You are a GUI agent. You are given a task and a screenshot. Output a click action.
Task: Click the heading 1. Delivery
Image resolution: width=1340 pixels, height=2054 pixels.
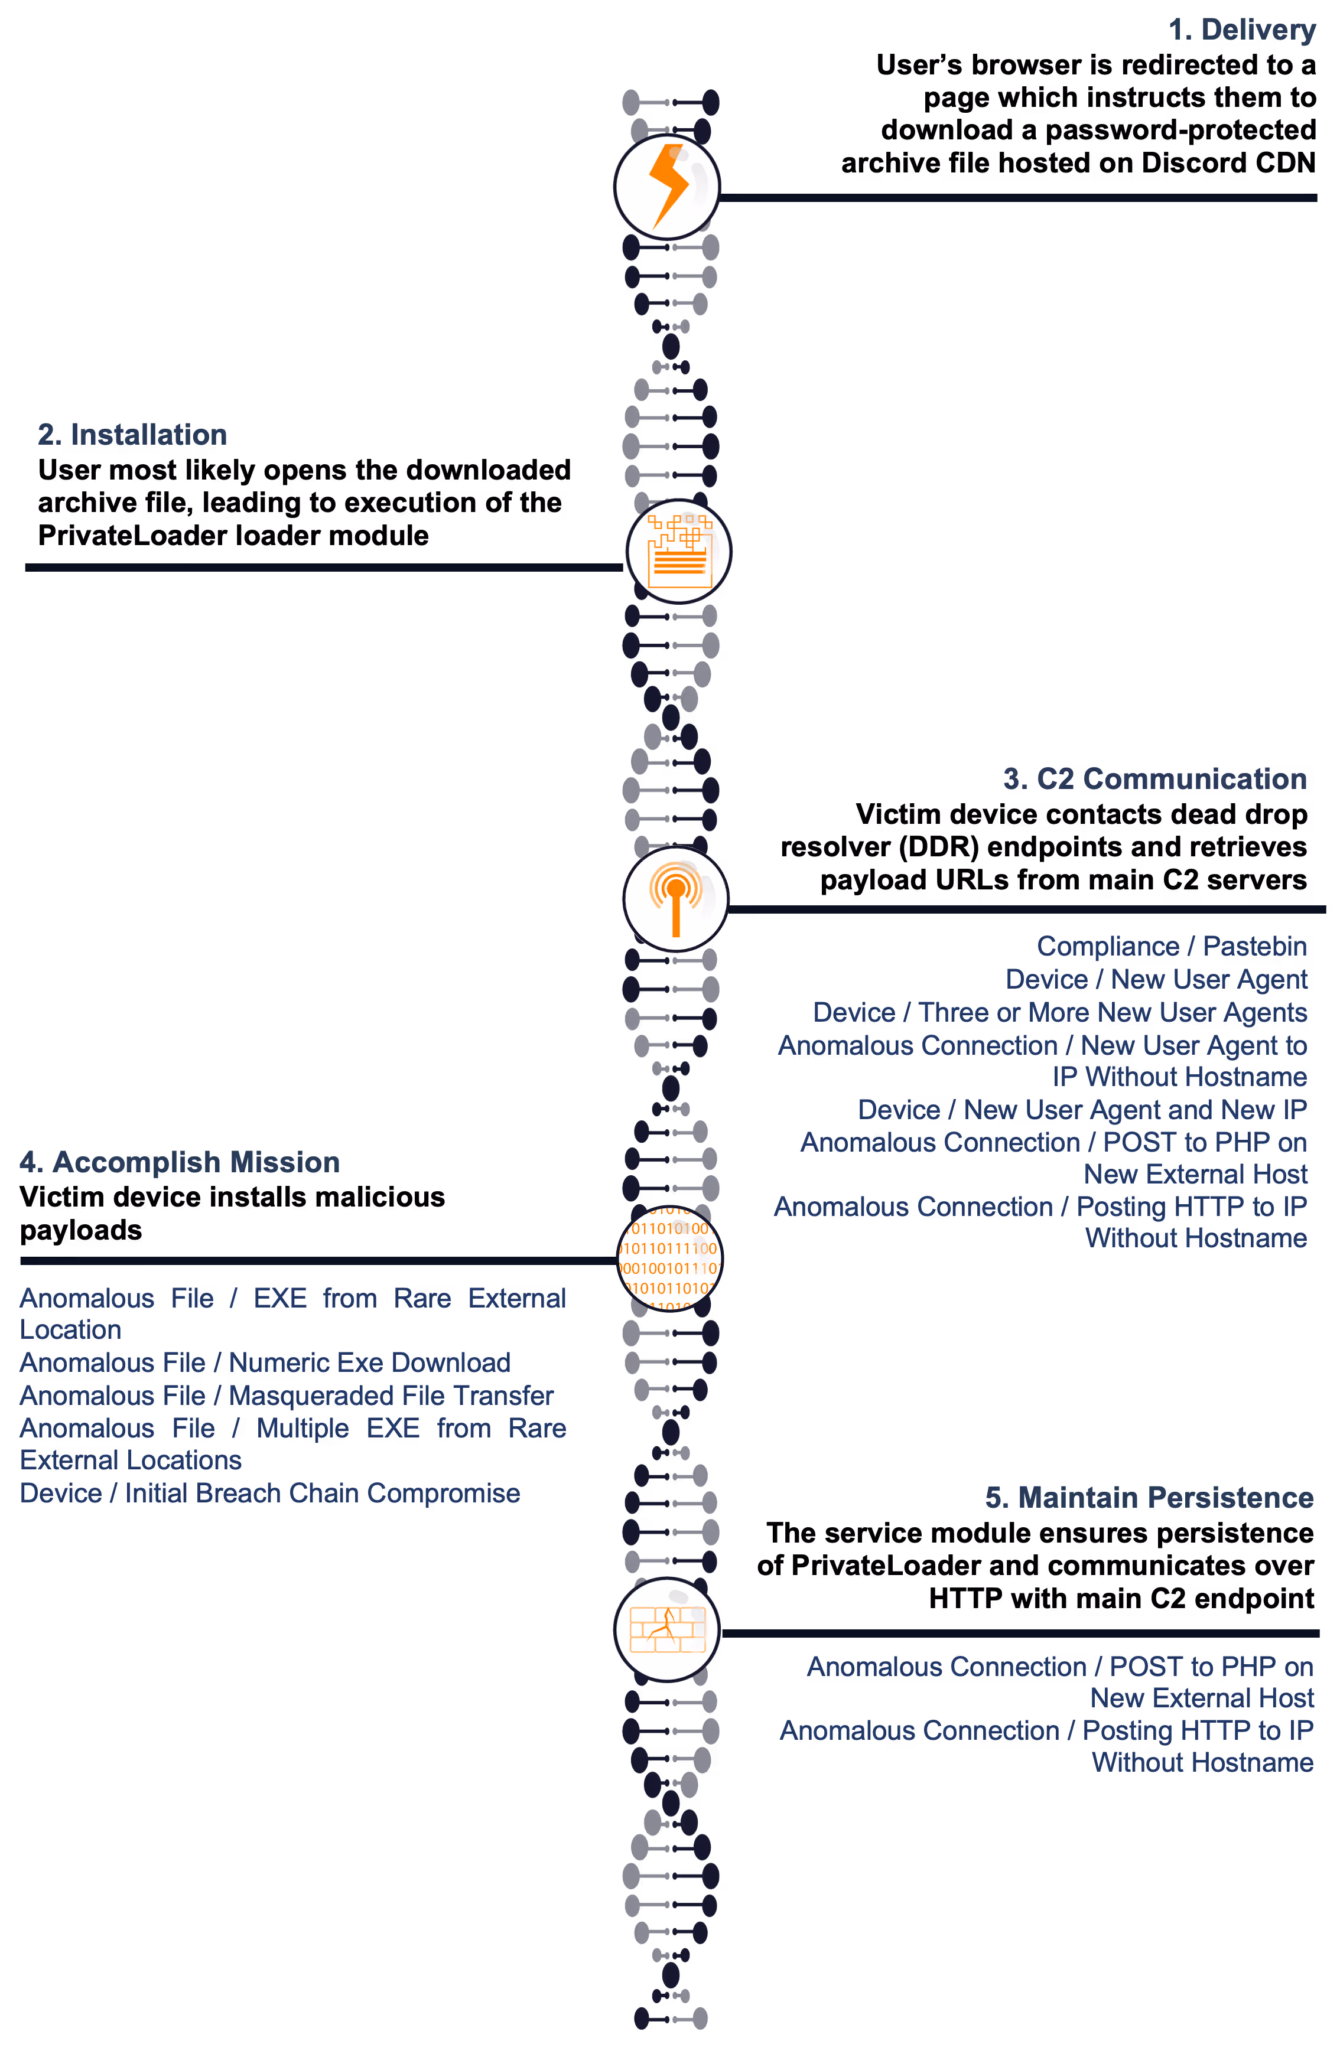point(1241,30)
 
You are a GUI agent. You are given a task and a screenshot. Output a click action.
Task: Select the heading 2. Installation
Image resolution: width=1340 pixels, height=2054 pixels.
point(132,435)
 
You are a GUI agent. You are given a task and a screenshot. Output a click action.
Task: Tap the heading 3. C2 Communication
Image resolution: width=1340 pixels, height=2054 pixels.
point(1154,780)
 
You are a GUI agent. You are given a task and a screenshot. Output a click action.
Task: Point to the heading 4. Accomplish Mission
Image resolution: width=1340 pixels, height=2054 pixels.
point(180,1162)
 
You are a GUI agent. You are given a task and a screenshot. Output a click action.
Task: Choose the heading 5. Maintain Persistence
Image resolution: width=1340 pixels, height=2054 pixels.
point(1149,1498)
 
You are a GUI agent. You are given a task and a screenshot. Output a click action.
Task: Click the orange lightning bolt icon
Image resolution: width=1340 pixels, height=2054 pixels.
point(668,185)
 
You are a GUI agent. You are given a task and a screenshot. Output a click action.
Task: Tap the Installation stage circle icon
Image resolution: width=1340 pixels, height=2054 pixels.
point(679,552)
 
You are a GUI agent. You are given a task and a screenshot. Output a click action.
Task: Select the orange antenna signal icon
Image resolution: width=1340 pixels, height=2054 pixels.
point(675,899)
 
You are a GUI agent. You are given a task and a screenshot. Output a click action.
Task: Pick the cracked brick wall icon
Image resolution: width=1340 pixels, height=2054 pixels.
point(668,1629)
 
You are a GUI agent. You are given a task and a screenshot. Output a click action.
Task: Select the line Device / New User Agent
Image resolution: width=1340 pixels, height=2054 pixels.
point(1156,980)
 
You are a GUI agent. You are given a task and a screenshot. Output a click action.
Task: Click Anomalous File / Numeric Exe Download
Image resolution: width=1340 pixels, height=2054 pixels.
point(265,1362)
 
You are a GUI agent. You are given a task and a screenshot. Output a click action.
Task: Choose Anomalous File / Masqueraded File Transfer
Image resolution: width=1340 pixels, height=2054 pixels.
point(287,1396)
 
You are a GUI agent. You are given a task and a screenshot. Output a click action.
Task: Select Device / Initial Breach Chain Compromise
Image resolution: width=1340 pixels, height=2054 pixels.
point(269,1494)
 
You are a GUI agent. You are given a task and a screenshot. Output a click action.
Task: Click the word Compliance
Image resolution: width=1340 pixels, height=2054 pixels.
point(1108,947)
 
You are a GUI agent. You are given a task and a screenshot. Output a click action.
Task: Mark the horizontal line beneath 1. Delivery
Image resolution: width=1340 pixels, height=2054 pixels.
point(1019,198)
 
